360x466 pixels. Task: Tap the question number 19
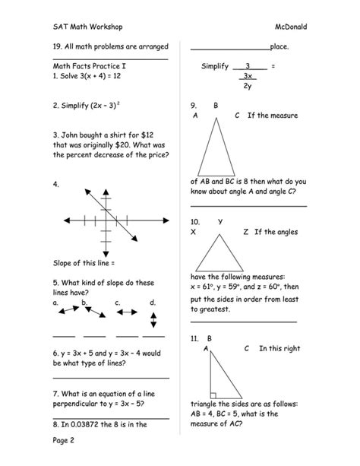[x=58, y=47]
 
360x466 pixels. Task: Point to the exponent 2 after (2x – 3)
[x=119, y=103]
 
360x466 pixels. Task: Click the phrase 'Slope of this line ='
[x=84, y=263]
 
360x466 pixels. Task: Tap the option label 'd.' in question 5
[x=153, y=303]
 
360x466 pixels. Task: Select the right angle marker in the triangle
[x=215, y=395]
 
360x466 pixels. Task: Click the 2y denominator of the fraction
[x=248, y=86]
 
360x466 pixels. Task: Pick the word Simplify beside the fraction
[x=215, y=67]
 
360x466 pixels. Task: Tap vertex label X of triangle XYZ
[x=194, y=231]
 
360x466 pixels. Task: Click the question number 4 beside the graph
[x=56, y=185]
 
